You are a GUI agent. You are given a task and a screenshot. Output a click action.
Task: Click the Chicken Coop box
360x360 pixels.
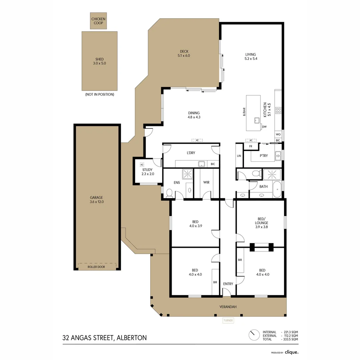click(98, 21)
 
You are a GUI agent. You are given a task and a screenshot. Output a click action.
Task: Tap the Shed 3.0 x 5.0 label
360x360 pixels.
click(99, 61)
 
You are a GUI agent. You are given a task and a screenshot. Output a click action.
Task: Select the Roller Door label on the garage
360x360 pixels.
click(97, 267)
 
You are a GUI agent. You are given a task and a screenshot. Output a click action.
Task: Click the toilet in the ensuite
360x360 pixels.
click(169, 193)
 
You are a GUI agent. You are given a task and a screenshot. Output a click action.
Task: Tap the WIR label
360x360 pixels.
click(206, 182)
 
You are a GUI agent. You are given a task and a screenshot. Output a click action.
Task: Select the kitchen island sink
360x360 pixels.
click(257, 120)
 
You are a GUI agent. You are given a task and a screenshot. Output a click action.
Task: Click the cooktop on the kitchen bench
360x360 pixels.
click(278, 110)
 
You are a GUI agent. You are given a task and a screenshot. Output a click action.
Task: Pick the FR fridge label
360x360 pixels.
click(250, 146)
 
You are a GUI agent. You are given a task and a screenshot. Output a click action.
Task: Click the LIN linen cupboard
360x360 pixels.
click(239, 156)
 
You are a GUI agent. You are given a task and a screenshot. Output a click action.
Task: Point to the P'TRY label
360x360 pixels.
click(263, 156)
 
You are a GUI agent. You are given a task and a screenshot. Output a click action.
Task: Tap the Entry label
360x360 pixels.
click(228, 284)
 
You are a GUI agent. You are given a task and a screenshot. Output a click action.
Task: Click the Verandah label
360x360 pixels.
click(228, 307)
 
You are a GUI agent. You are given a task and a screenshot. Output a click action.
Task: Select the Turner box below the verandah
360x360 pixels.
click(228, 320)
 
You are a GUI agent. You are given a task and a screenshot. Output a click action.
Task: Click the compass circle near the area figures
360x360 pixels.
click(254, 335)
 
